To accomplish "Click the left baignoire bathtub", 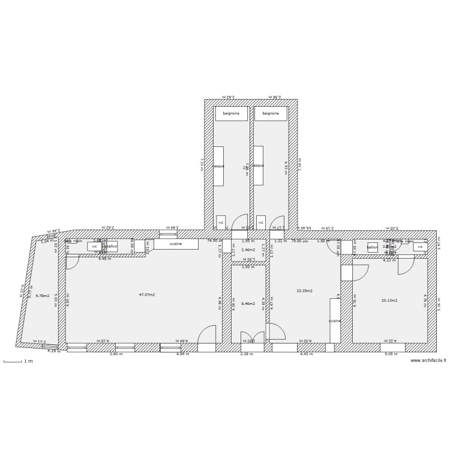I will point(231,113).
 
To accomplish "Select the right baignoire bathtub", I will point(270,113).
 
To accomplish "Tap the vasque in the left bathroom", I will point(218,166).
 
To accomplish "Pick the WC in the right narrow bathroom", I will point(260,222).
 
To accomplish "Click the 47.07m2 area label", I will point(147,295).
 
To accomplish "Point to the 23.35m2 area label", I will point(305,290).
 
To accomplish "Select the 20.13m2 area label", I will point(389,300).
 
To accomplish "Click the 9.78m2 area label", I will point(42,295).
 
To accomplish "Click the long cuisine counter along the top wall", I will point(176,244).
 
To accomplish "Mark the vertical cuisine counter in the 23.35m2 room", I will point(334,320).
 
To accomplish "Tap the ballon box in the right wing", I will point(372,247).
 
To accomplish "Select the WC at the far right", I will point(420,247).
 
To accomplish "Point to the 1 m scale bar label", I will point(27,361).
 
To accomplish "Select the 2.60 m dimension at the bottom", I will point(116,354).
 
